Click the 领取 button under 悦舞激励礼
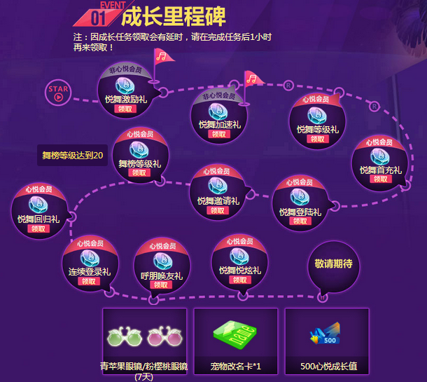click(124, 109)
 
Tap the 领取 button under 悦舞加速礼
click(219, 134)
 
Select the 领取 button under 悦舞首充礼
click(379, 179)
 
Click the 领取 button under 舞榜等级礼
click(139, 172)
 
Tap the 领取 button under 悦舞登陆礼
click(300, 221)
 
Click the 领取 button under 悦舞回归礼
click(38, 228)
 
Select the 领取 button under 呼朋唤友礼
click(161, 285)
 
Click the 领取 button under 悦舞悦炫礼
click(239, 280)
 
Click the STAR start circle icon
click(58, 93)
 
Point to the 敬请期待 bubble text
click(333, 264)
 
